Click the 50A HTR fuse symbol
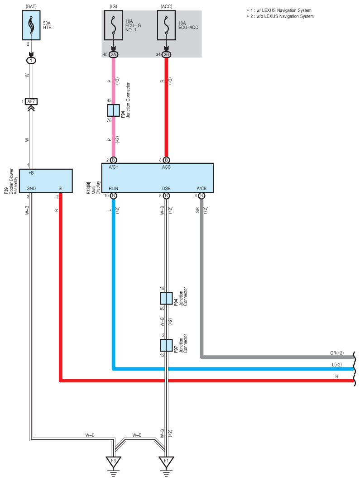tap(31, 26)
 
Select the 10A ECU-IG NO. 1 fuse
tap(113, 26)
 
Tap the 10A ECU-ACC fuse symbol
tap(166, 26)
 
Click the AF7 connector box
tap(31, 101)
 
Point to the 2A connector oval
tap(113, 55)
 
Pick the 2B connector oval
tap(166, 55)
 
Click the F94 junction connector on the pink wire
tap(113, 110)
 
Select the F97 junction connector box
tap(166, 345)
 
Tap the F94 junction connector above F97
tap(166, 298)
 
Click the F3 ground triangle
tap(114, 462)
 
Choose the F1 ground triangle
tap(166, 462)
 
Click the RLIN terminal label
tap(113, 188)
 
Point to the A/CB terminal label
tap(202, 188)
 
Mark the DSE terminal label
tap(166, 188)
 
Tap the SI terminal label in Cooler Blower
tap(60, 188)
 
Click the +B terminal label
tap(31, 173)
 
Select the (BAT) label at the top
tap(31, 6)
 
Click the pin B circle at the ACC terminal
tap(166, 160)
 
